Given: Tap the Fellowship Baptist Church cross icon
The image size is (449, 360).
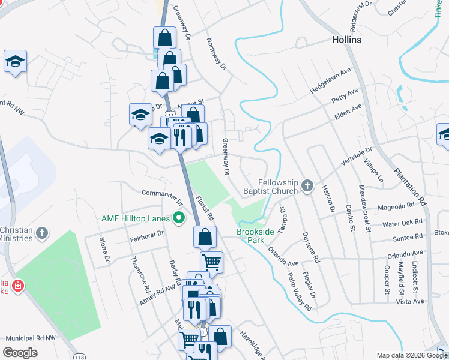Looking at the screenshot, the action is [307, 186].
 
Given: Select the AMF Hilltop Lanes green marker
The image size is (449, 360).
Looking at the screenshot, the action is [178, 217].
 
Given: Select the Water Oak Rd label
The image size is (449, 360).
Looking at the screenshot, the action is [402, 223].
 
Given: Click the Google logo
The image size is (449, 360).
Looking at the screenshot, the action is [20, 352].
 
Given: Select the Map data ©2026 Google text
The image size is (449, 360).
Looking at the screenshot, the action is [411, 355].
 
